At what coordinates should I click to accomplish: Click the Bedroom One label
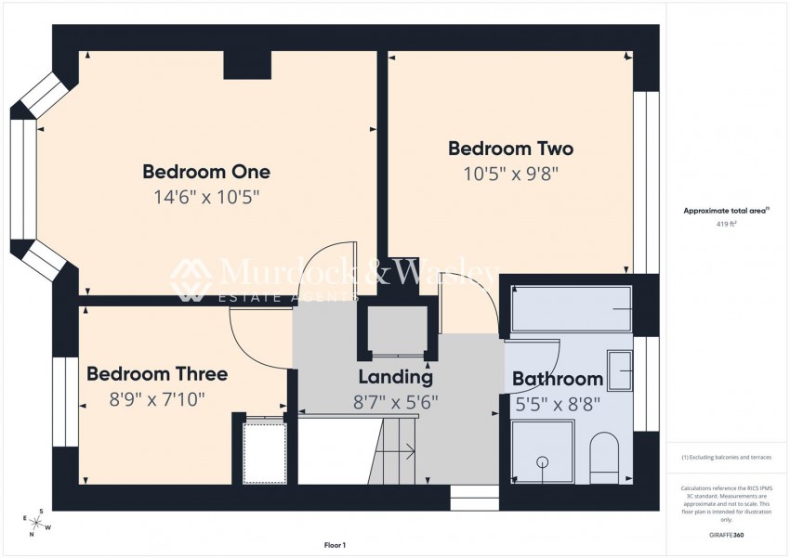pyautogui.click(x=206, y=172)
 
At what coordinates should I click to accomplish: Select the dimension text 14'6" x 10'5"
pyautogui.click(x=206, y=197)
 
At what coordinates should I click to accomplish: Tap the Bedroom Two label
pyautogui.click(x=510, y=149)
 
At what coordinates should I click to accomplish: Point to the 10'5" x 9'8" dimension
pyautogui.click(x=510, y=173)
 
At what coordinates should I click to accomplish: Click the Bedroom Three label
pyautogui.click(x=157, y=374)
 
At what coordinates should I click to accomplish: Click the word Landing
pyautogui.click(x=396, y=377)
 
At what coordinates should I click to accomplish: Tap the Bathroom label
pyautogui.click(x=558, y=379)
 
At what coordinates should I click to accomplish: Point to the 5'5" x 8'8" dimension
pyautogui.click(x=559, y=404)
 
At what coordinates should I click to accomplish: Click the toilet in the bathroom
pyautogui.click(x=605, y=458)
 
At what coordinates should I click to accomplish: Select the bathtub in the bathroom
pyautogui.click(x=571, y=308)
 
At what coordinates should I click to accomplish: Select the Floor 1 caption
pyautogui.click(x=334, y=545)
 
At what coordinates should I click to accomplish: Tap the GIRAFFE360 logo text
pyautogui.click(x=725, y=535)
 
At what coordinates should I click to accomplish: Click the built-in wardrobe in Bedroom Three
pyautogui.click(x=265, y=452)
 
